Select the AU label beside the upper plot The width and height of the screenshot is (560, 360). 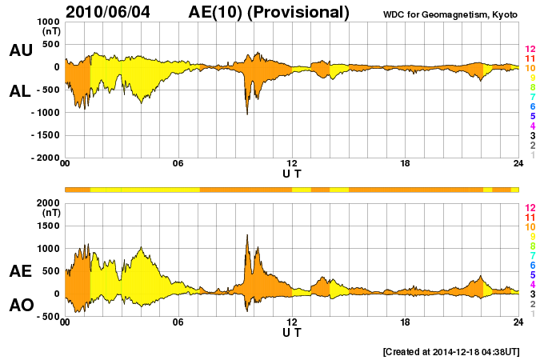(20, 50)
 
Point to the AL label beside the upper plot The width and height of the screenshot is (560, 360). (20, 91)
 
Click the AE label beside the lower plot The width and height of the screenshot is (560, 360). (20, 272)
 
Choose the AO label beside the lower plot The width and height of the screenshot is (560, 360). (20, 306)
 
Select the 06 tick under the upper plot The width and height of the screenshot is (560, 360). (178, 164)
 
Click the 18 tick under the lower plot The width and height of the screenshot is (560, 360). (405, 322)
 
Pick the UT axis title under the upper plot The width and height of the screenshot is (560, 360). (291, 173)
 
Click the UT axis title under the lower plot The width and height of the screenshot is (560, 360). (291, 331)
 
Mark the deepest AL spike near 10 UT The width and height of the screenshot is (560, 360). (246, 114)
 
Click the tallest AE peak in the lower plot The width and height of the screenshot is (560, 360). (247, 235)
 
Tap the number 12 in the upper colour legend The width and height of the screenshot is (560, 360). (529, 50)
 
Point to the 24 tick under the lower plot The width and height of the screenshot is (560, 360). (518, 322)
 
